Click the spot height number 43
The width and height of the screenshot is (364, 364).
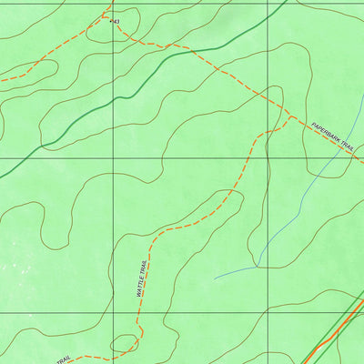tap(116, 21)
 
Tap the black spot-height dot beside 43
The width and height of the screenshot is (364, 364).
tap(111, 21)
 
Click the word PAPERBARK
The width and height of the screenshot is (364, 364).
tap(326, 133)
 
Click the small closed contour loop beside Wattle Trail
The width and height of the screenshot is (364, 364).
tap(124, 343)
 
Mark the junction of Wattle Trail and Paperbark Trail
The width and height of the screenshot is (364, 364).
tap(289, 116)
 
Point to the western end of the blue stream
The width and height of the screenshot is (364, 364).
tap(216, 278)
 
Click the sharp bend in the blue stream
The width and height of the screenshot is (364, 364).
tap(258, 266)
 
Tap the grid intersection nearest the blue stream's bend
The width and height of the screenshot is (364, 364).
tap(268, 312)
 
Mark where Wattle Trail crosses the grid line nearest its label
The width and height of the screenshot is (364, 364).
tap(139, 312)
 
